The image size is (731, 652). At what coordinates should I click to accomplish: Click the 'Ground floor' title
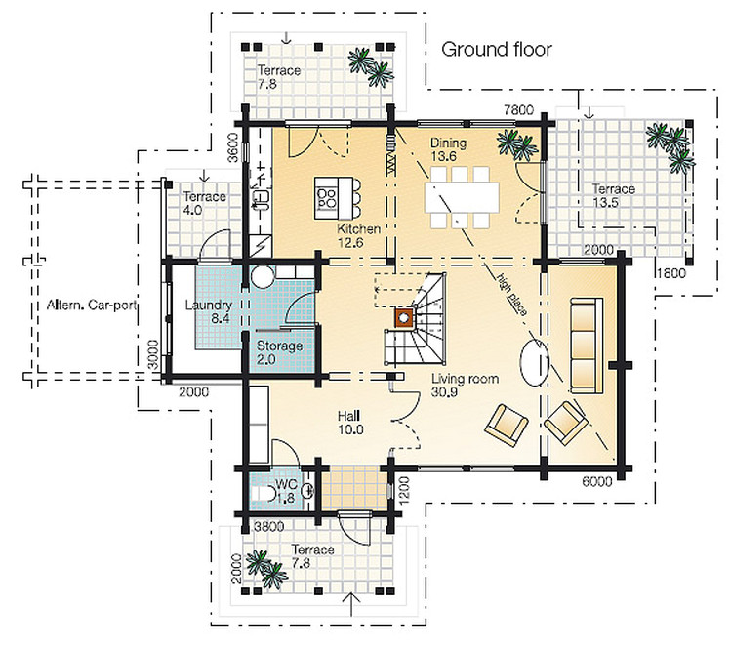coord(497,49)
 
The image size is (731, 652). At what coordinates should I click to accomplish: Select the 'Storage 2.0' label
coord(279,352)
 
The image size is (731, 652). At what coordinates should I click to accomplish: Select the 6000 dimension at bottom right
coord(598,480)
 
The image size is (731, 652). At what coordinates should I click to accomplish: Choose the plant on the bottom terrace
coord(259,564)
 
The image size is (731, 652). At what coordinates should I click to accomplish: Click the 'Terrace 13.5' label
coord(612,195)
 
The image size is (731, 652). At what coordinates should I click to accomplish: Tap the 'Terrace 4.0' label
coord(205,203)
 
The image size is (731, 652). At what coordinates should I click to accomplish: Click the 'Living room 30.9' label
coord(467,385)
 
